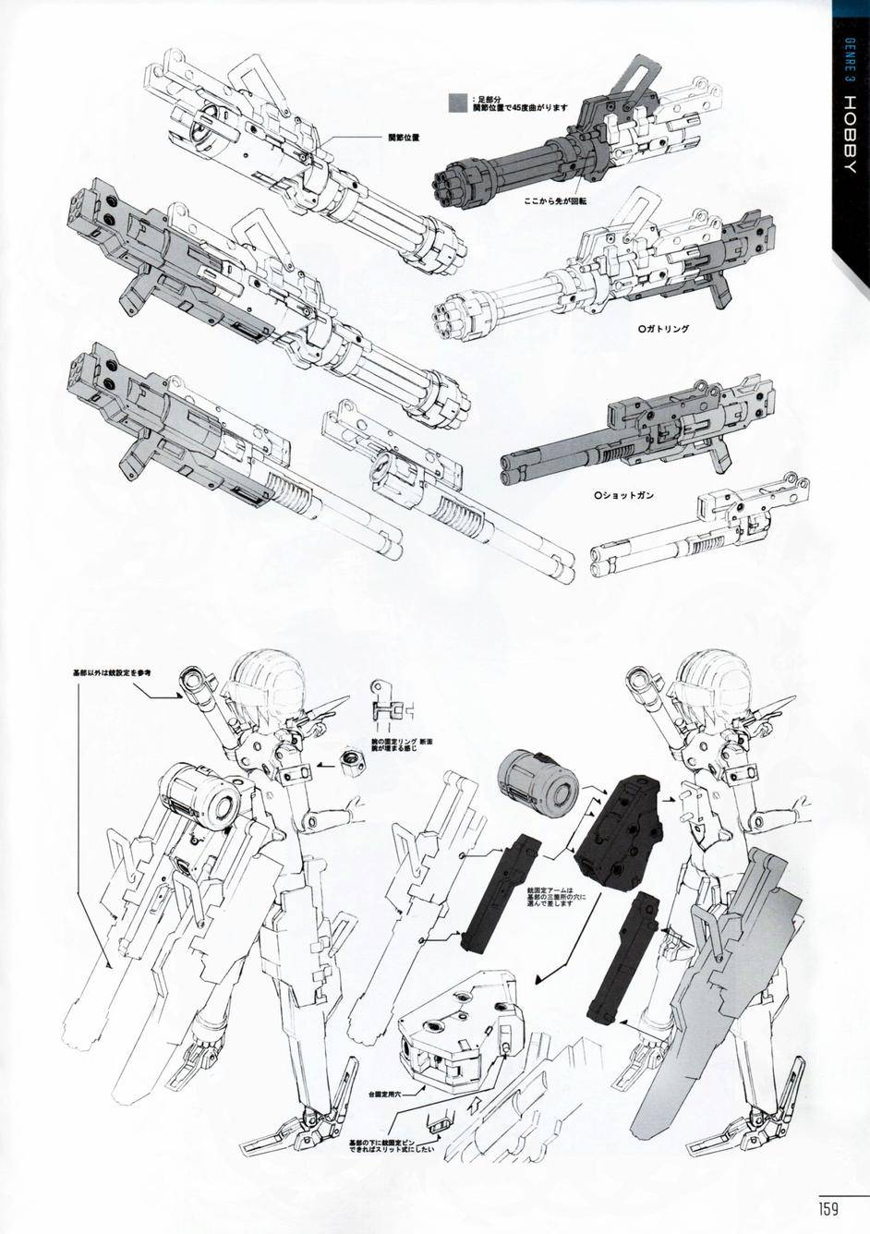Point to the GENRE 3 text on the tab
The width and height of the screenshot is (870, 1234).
pyautogui.click(x=850, y=78)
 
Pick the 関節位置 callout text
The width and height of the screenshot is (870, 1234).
pyautogui.click(x=404, y=138)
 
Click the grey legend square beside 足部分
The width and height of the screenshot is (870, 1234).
pyautogui.click(x=457, y=103)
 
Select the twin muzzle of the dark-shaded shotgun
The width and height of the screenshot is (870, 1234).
pyautogui.click(x=510, y=465)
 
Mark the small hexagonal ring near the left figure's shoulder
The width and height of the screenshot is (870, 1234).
pyautogui.click(x=350, y=759)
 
